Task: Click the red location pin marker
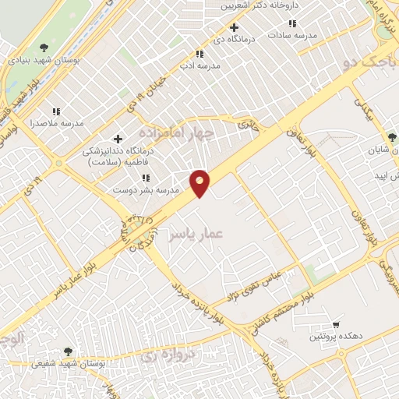(x=200, y=182)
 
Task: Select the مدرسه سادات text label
(x=293, y=37)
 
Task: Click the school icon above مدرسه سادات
(x=293, y=24)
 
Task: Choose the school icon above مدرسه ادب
(x=199, y=54)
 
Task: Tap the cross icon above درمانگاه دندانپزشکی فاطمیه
(x=118, y=139)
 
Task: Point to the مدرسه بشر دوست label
(x=146, y=189)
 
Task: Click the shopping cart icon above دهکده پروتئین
(x=335, y=323)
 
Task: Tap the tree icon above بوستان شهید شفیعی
(x=69, y=351)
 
